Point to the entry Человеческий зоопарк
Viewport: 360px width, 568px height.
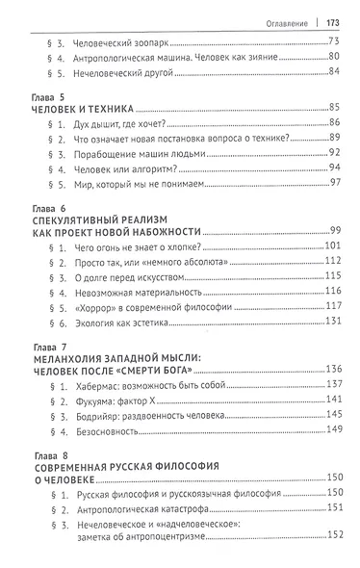(x=108, y=42)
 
